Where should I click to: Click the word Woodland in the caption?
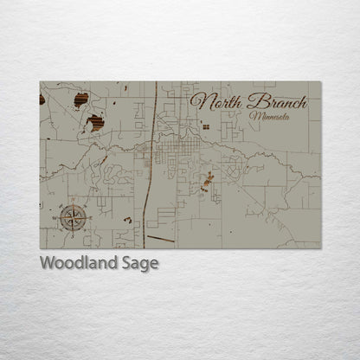(78, 263)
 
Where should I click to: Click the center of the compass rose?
(73, 217)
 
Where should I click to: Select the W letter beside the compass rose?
(57, 218)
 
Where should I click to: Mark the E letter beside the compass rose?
(88, 217)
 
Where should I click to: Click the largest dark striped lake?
(95, 123)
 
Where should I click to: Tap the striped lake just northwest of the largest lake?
(80, 100)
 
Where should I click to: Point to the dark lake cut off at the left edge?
(42, 100)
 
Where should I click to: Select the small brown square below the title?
(206, 126)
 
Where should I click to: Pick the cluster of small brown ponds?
(207, 182)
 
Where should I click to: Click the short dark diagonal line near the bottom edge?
(160, 238)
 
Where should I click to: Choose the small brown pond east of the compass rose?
(128, 220)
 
